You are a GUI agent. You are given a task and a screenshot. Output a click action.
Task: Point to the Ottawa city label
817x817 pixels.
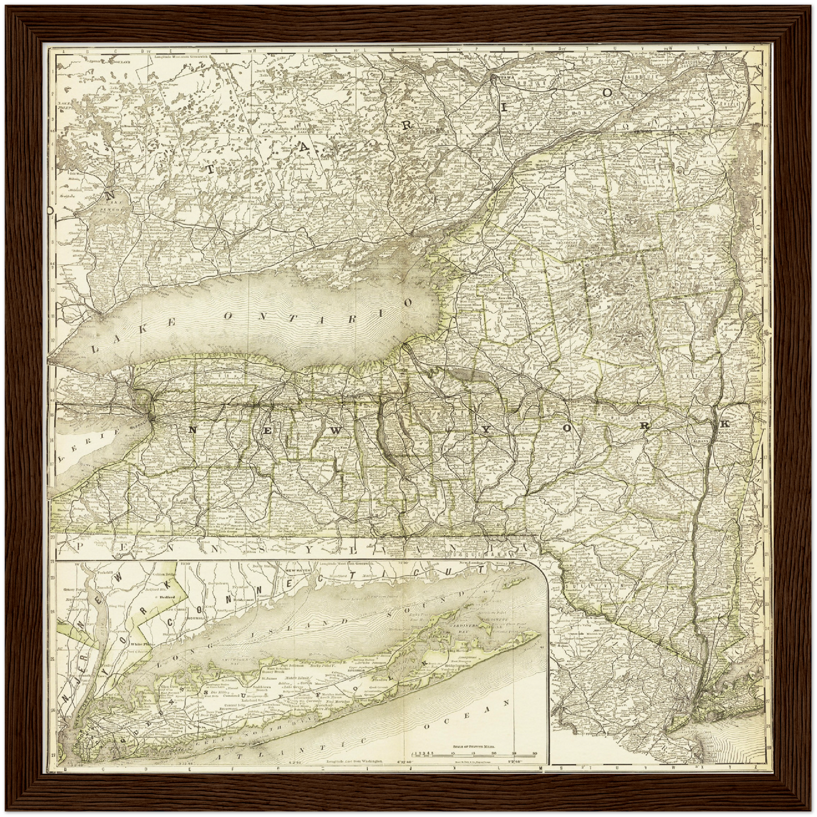503,76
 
